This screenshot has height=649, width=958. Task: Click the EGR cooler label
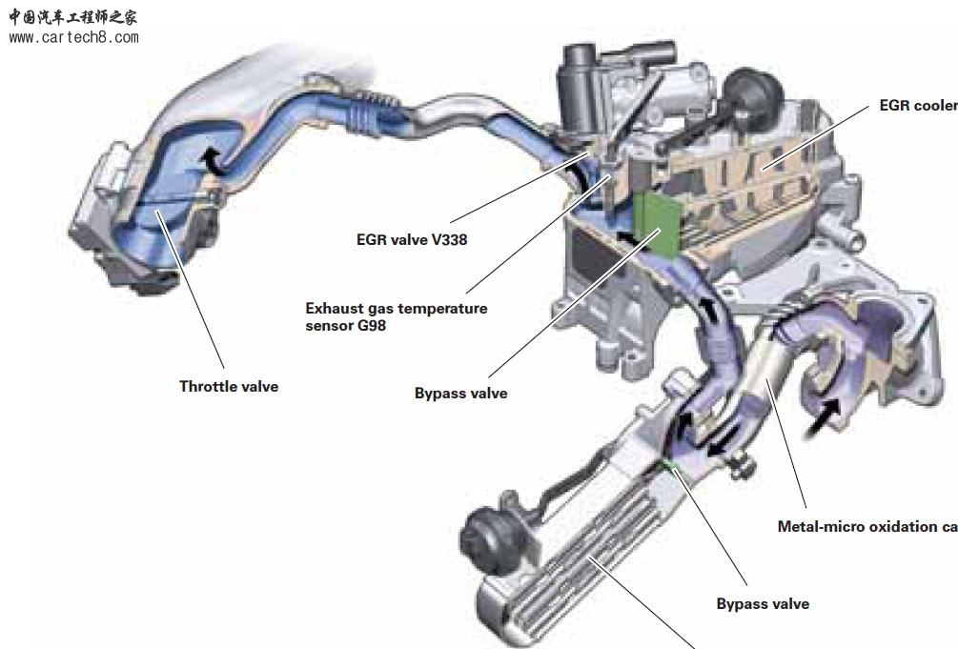pos(918,106)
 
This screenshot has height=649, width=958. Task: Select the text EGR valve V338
pos(412,240)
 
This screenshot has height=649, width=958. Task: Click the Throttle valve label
pos(229,387)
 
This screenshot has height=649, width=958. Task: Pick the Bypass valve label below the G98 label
pos(460,393)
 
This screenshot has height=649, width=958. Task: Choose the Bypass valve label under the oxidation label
pos(763,604)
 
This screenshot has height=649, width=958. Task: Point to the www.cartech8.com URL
pos(73,38)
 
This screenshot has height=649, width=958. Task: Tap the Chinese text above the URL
pos(73,17)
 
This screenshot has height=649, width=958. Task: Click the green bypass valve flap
pos(655,221)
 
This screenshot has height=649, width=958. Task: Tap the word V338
pos(447,240)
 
